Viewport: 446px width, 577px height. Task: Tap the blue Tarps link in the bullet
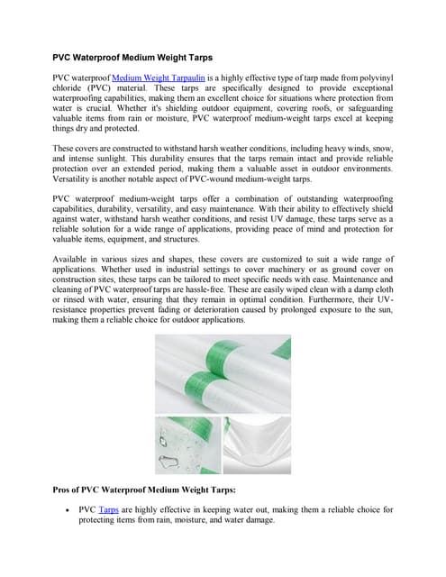click(x=108, y=509)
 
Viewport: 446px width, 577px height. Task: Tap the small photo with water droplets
click(x=186, y=444)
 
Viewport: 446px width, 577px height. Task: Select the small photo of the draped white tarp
click(x=257, y=444)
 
